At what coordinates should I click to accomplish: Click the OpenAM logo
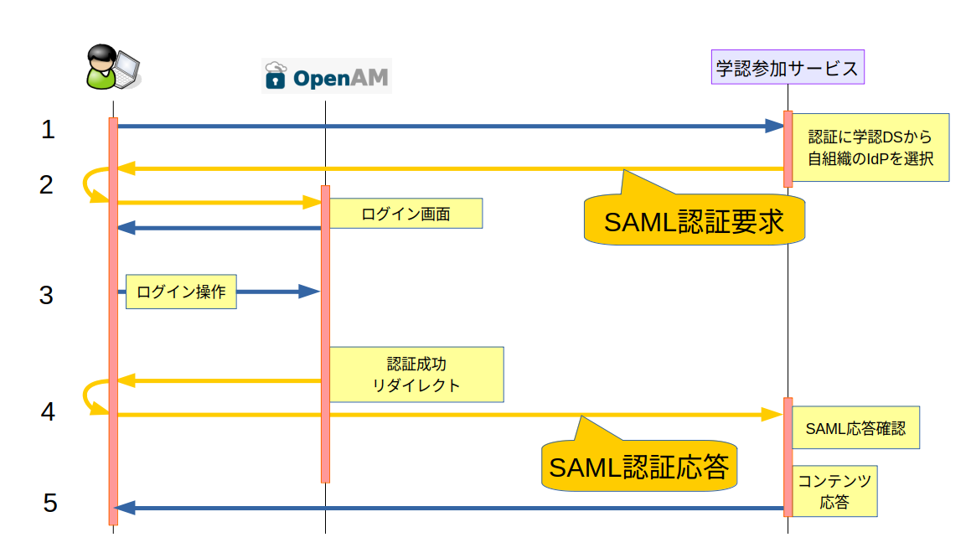pos(326,77)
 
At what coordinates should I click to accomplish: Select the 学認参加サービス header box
pos(787,68)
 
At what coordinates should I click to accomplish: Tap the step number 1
pos(48,130)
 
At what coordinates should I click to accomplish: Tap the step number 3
pos(46,295)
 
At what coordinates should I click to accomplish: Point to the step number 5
pos(50,503)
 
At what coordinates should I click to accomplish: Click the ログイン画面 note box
pos(405,214)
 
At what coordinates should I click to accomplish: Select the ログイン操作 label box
pos(181,292)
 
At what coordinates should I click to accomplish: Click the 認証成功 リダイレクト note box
pos(416,375)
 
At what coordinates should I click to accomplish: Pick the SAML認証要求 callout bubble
pos(694,221)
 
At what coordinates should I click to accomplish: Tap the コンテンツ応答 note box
pos(834,491)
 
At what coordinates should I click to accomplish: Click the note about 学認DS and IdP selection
pos(870,147)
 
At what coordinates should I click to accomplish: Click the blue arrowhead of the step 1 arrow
pos(775,126)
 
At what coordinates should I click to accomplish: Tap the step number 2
pos(46,184)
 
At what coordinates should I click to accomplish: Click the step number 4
pos(48,411)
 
